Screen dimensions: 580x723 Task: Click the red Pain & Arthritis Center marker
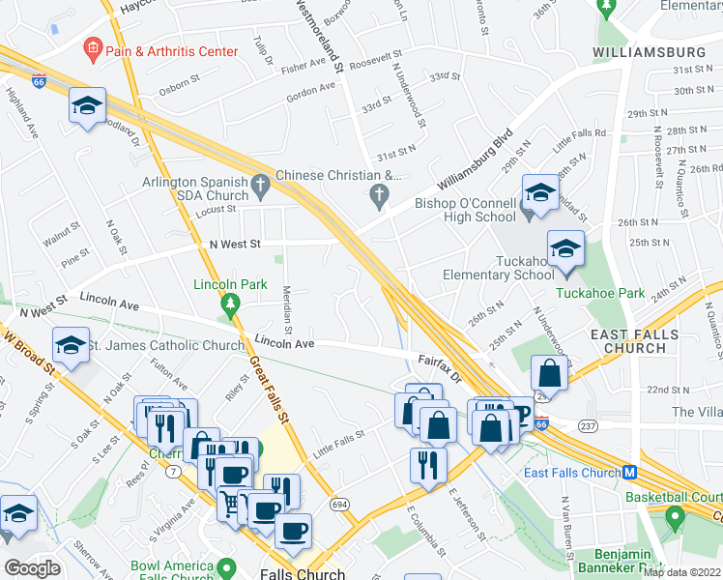(93, 46)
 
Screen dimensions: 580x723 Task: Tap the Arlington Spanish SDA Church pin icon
(259, 183)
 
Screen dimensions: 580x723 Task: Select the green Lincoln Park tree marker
(229, 305)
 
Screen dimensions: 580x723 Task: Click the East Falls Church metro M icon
(629, 473)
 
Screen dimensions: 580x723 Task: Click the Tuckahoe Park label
(599, 292)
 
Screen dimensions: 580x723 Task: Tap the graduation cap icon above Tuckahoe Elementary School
(565, 248)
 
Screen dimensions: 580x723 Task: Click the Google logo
(32, 568)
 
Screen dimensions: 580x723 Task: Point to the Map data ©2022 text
(681, 572)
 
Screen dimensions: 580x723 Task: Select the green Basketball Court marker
(673, 518)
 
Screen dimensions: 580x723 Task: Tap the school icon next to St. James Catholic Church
(72, 347)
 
